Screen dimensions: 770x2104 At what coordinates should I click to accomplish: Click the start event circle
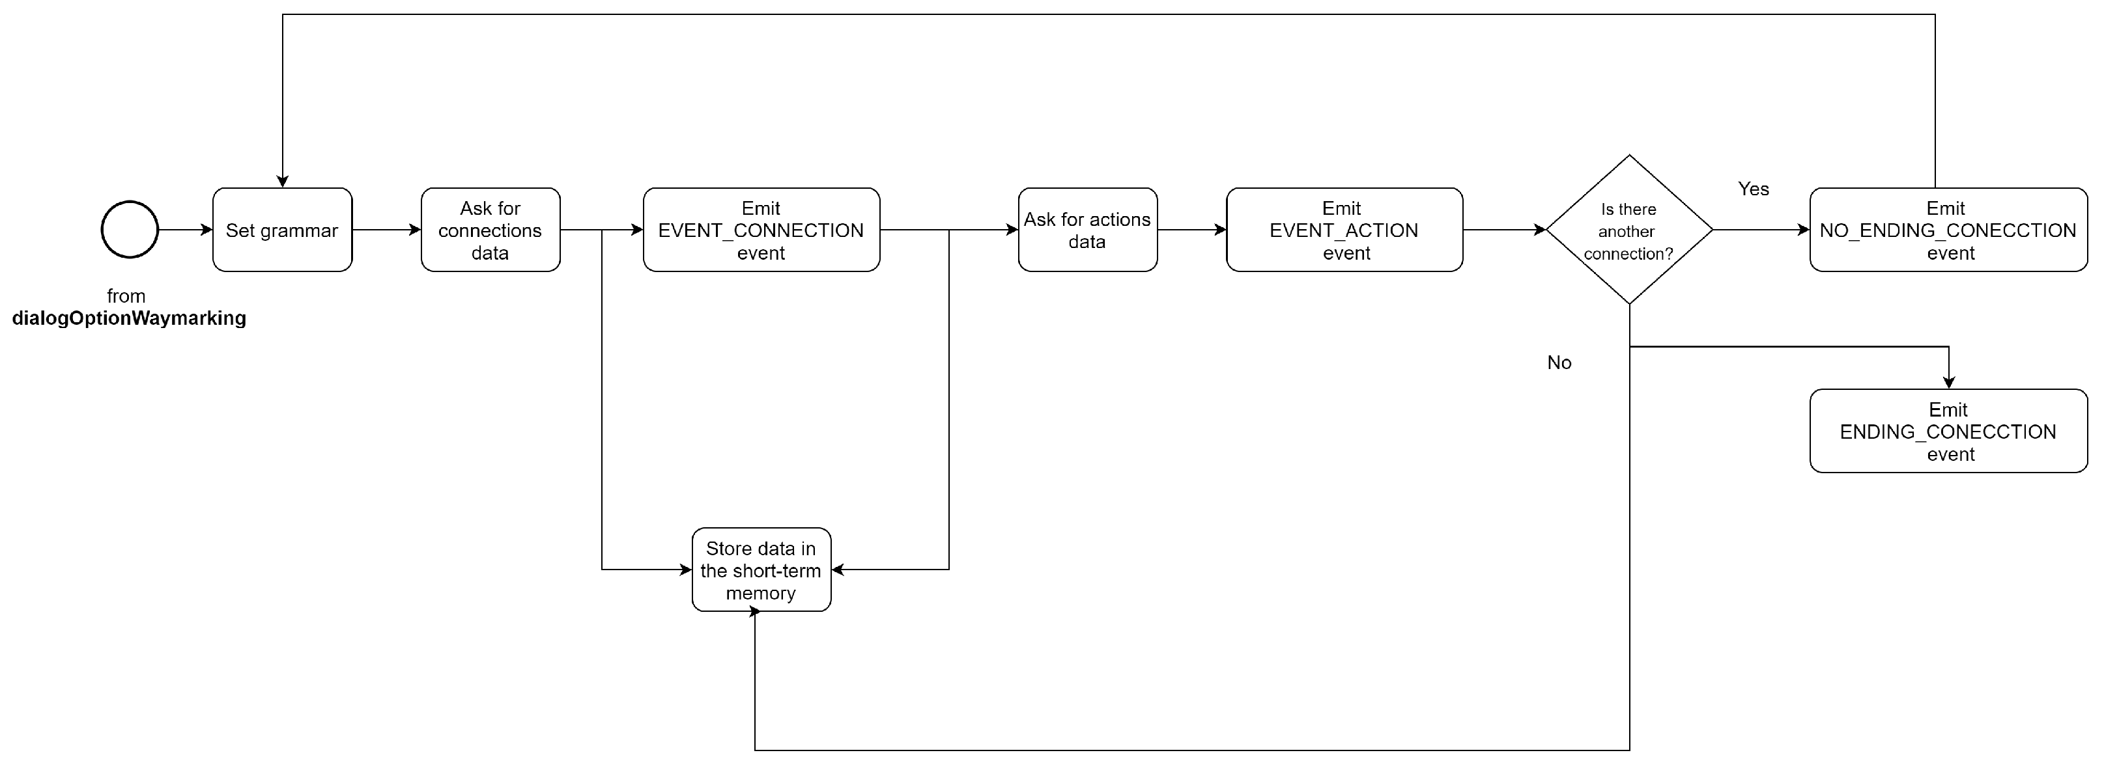[x=129, y=230]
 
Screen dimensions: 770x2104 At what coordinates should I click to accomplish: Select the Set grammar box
[x=282, y=230]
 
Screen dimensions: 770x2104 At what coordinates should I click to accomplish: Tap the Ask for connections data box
[x=490, y=230]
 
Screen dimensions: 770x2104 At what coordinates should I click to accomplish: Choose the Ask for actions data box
[x=1087, y=230]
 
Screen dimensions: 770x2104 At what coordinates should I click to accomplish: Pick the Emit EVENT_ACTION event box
[x=1344, y=230]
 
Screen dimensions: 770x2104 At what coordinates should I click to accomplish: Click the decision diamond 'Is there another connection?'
[x=1628, y=230]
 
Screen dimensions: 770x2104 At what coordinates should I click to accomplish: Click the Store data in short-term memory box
[x=760, y=570]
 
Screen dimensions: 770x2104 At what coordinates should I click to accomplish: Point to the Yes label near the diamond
[x=1753, y=189]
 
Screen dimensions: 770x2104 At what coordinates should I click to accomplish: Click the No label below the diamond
[x=1558, y=363]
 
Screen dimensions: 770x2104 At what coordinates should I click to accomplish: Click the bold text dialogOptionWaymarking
[x=129, y=318]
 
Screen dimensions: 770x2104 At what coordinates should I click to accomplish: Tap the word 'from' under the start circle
[x=126, y=296]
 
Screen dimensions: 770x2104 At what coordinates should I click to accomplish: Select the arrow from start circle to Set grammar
[x=184, y=230]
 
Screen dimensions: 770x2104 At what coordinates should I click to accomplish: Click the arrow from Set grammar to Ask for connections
[x=386, y=230]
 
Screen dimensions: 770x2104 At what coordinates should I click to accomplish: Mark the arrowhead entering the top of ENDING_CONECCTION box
[x=1949, y=382]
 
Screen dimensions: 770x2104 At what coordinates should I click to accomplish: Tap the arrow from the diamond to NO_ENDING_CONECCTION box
[x=1760, y=230]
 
